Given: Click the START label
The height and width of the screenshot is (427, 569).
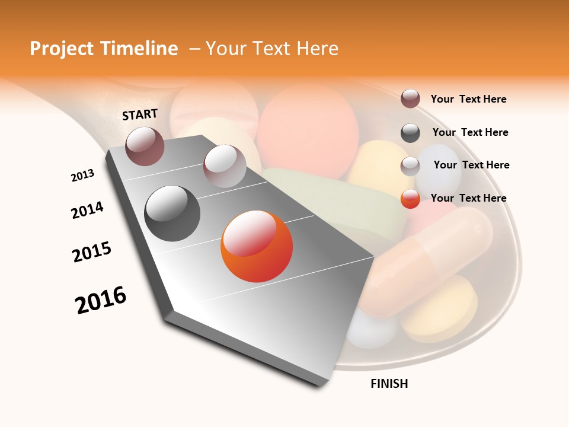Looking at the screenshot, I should [x=140, y=114].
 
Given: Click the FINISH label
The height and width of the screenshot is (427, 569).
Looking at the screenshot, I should [x=389, y=384].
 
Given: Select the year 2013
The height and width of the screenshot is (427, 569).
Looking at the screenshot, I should [x=82, y=176].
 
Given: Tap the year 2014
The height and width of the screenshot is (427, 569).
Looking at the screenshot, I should [x=87, y=210].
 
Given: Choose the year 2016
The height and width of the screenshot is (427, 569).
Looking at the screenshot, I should [x=101, y=300].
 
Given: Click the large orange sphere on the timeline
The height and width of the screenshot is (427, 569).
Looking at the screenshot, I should [x=257, y=246].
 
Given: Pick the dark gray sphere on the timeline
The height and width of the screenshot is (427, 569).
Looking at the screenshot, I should [x=172, y=213].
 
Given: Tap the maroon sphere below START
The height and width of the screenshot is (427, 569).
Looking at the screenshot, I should [x=145, y=146].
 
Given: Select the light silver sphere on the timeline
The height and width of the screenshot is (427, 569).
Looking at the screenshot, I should [x=225, y=166].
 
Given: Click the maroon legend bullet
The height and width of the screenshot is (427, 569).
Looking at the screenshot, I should [x=410, y=99].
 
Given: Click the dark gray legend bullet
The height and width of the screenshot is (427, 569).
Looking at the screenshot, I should [x=410, y=133].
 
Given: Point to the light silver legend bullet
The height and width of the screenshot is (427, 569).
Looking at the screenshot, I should [x=410, y=166].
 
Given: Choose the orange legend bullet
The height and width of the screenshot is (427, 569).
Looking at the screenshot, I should [x=410, y=199].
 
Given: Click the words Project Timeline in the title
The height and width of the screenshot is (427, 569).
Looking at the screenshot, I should [x=104, y=49].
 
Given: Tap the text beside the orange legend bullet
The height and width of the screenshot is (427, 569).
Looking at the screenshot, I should [x=468, y=198].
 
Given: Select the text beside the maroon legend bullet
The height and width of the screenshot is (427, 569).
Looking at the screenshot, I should [x=468, y=99].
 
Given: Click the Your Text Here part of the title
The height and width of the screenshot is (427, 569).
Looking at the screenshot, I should [x=272, y=49].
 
